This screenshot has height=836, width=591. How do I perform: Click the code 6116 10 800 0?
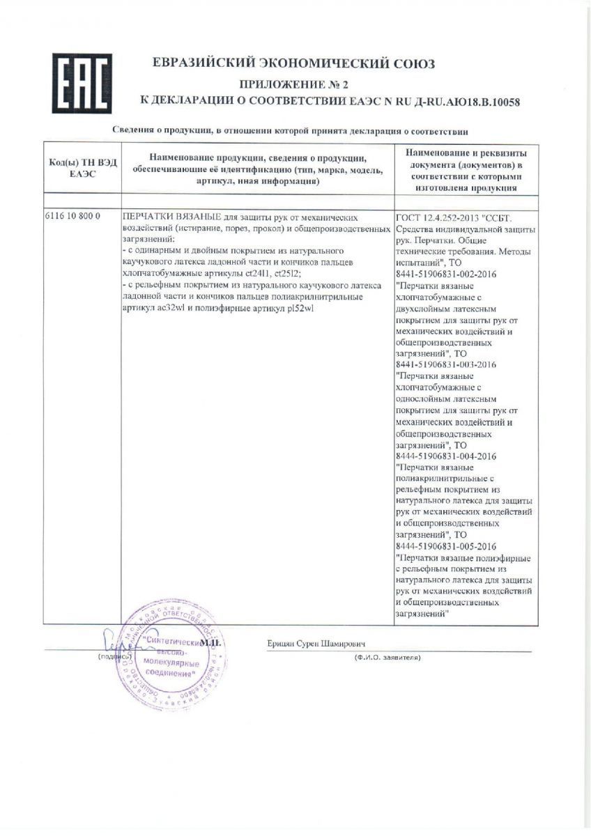point(73,216)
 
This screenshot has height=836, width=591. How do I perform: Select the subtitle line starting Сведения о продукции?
point(291,130)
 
